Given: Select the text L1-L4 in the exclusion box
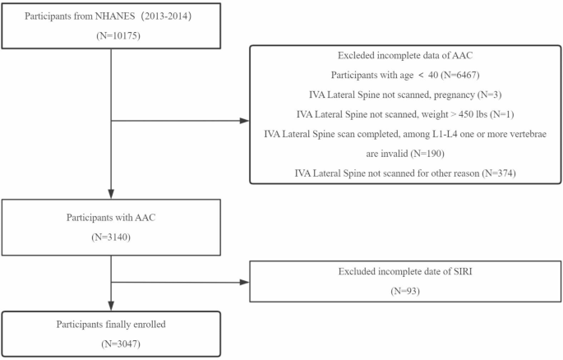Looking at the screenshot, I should click(x=431, y=134).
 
